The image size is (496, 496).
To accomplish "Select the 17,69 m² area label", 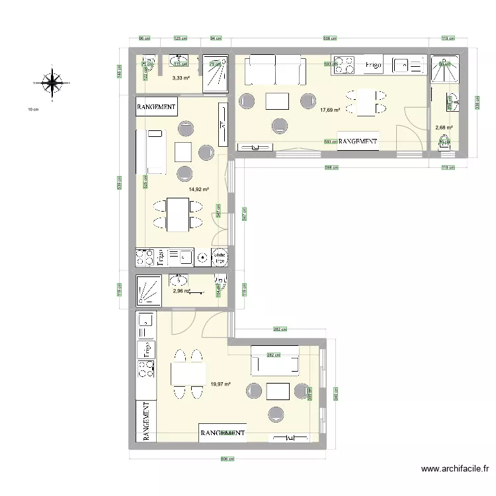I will pos(330,110).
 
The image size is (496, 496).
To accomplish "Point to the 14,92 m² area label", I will pos(198,189).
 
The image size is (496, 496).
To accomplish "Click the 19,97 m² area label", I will pos(220,383).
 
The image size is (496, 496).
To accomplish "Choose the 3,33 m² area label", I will pos(181,78).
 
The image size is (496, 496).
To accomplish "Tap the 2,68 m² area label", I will pos(444,128).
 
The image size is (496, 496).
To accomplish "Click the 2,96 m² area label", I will pos(181,290).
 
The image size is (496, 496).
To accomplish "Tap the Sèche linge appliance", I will pos(220,256).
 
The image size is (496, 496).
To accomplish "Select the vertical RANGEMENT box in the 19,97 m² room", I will pos(146,421).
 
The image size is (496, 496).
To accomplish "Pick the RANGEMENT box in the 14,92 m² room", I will pos(156,106).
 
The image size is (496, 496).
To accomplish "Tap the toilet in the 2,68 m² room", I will pos(444,142).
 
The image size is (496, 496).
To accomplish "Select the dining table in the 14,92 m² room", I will pos(176,215).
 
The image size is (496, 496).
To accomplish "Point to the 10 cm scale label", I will pos(32,108).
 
